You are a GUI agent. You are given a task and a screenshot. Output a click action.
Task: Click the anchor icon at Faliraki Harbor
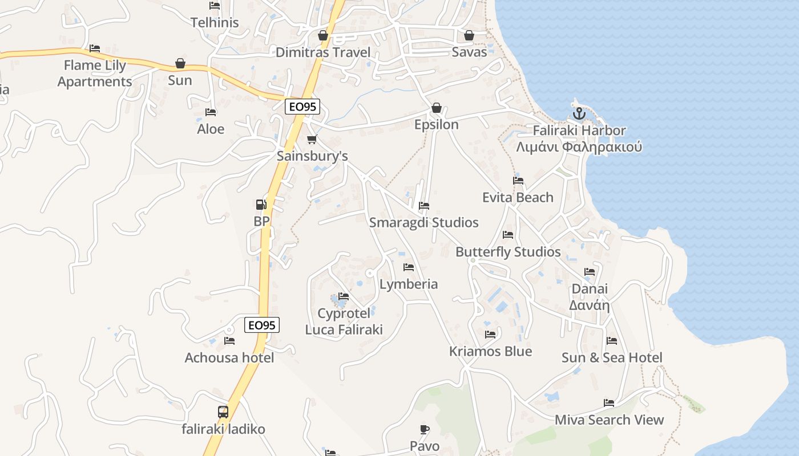[x=579, y=113]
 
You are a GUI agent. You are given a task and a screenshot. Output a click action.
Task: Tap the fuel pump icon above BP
[x=261, y=204]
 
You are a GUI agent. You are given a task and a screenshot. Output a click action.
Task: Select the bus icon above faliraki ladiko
[x=223, y=412]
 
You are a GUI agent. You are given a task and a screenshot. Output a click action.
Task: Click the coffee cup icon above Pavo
[x=424, y=429]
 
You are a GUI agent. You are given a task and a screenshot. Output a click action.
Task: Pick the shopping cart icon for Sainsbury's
[x=312, y=139]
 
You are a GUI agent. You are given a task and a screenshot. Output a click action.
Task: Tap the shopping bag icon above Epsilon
[x=437, y=108]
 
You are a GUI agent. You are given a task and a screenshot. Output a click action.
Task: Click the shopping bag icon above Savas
[x=469, y=35]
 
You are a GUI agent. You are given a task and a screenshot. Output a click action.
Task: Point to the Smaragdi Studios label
[x=423, y=222]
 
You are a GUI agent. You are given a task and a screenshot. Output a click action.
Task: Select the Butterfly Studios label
[x=508, y=252]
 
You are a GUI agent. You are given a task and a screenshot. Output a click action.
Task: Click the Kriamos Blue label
[x=490, y=351]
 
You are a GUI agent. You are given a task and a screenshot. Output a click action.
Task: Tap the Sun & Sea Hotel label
[x=612, y=357]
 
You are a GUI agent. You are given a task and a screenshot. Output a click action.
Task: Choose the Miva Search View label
[x=609, y=420]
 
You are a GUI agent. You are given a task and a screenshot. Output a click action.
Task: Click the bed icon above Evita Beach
[x=518, y=181]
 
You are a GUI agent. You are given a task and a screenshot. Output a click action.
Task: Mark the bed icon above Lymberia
[x=409, y=267]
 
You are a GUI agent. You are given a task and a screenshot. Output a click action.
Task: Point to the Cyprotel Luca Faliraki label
[x=344, y=321]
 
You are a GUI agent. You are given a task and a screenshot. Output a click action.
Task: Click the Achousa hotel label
[x=229, y=358]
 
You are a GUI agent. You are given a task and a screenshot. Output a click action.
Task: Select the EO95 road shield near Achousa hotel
[x=262, y=325]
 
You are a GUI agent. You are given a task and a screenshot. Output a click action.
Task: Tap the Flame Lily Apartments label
[x=95, y=74]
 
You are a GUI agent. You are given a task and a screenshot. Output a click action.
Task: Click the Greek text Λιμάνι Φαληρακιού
[x=579, y=147]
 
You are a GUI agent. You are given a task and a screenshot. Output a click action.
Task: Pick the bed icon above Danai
[x=590, y=272]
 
